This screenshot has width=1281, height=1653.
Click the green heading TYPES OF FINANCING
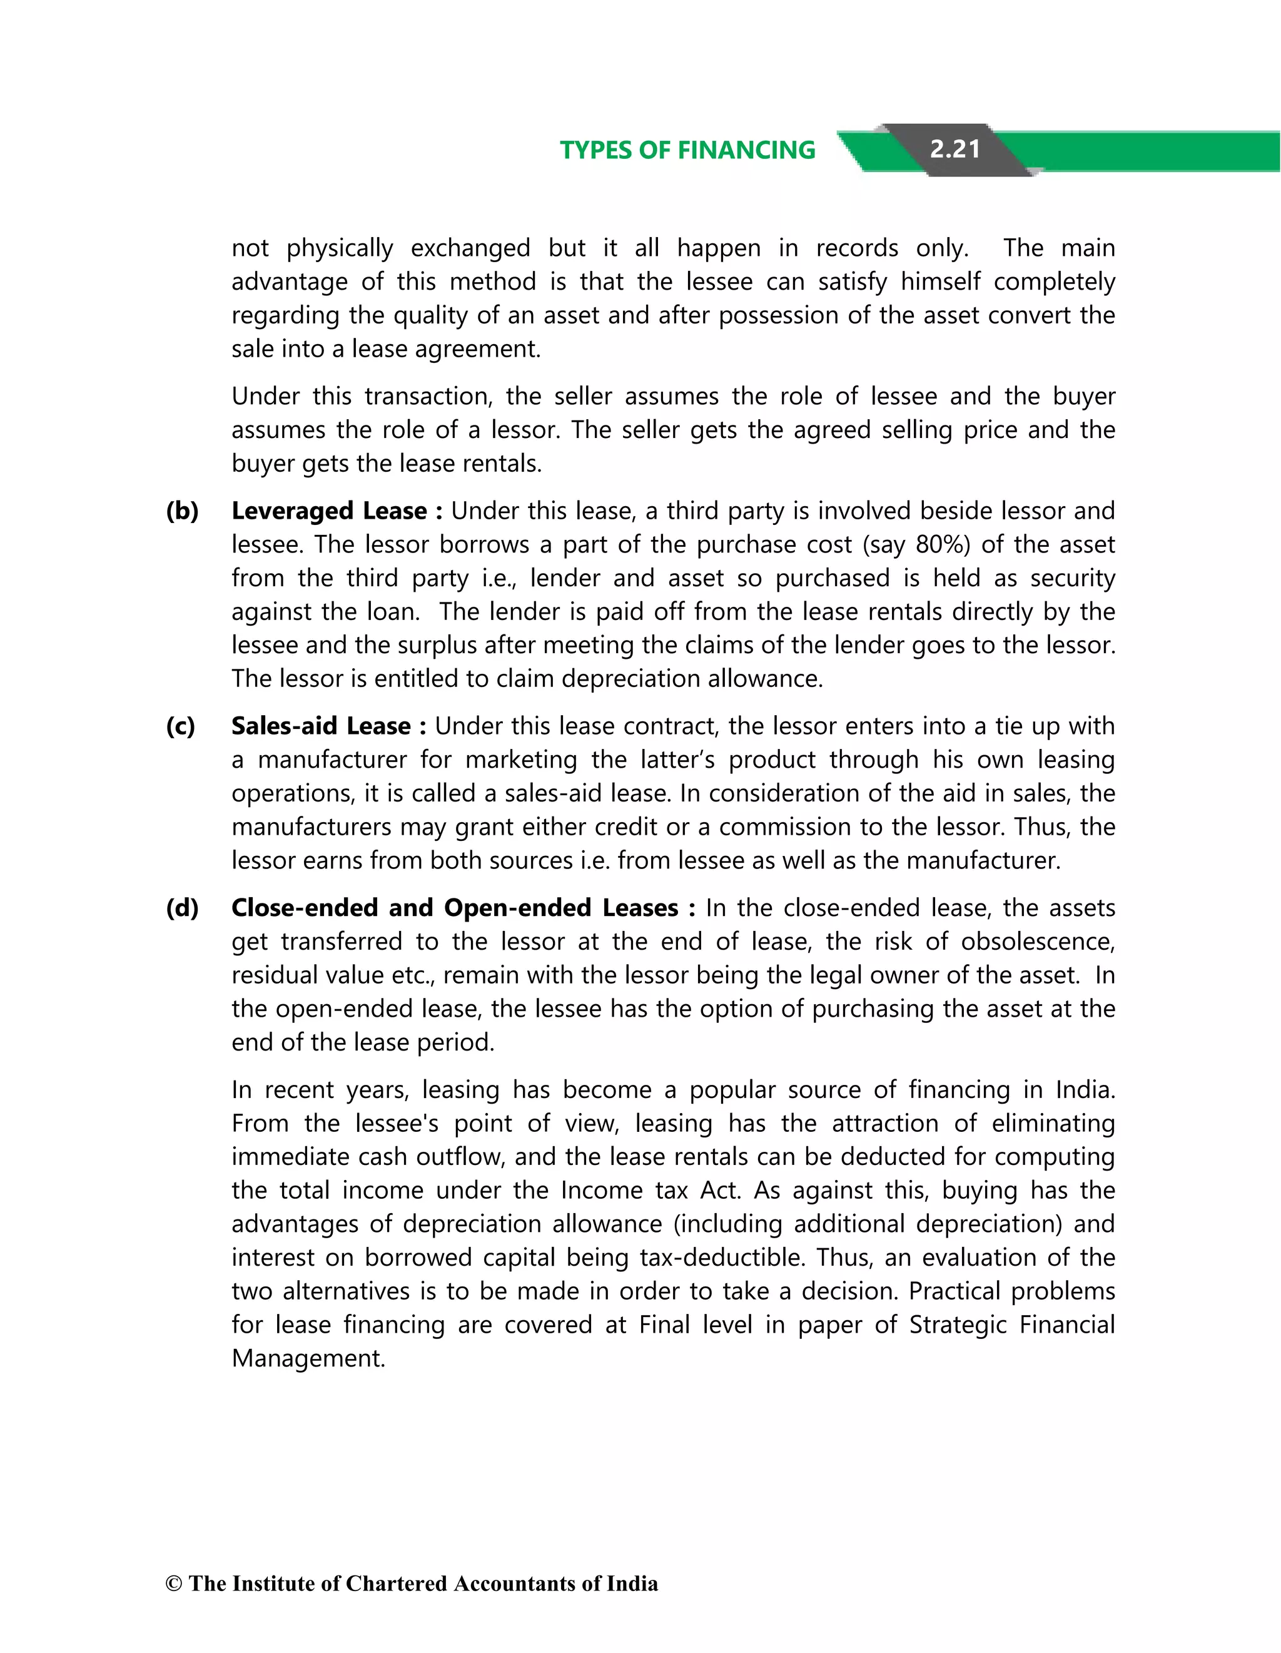click(687, 150)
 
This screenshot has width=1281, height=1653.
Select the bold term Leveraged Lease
click(328, 511)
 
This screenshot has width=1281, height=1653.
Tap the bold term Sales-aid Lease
click(321, 726)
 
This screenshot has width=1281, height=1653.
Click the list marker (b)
click(181, 511)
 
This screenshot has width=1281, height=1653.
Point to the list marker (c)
click(180, 726)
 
